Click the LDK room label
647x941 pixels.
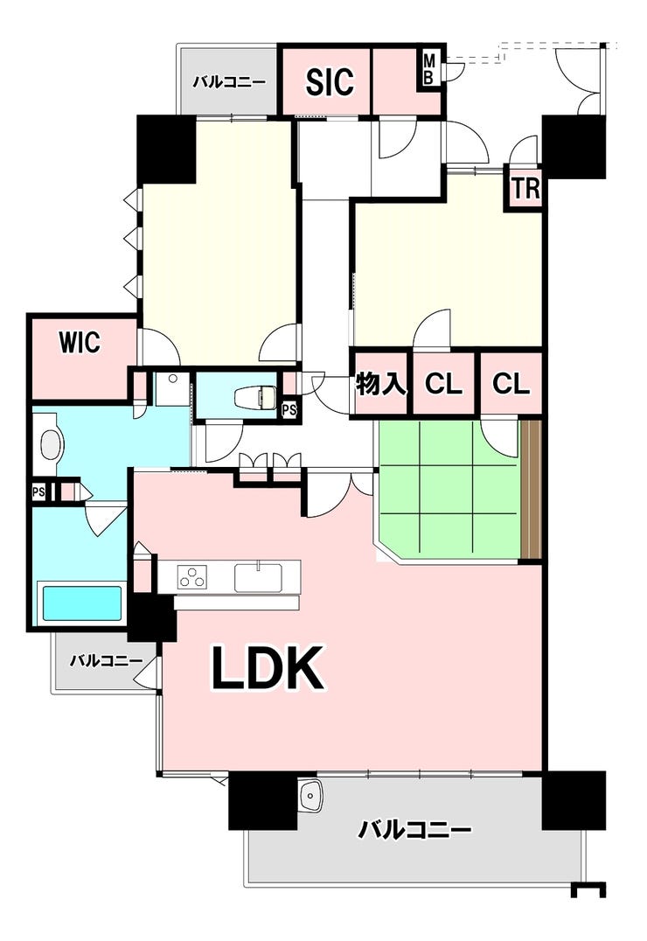268,668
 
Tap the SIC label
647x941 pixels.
330,81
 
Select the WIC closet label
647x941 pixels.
80,343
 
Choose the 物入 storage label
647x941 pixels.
381,384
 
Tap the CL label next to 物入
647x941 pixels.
443,384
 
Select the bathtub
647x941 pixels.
81,603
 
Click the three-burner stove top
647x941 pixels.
191,576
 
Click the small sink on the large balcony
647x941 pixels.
311,796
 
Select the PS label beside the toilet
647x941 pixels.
289,411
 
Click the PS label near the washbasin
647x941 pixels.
38,492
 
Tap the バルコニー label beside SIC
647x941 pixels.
229,83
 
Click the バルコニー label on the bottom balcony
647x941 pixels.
414,831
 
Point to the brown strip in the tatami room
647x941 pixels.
532,490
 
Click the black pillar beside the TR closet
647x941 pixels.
574,145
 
